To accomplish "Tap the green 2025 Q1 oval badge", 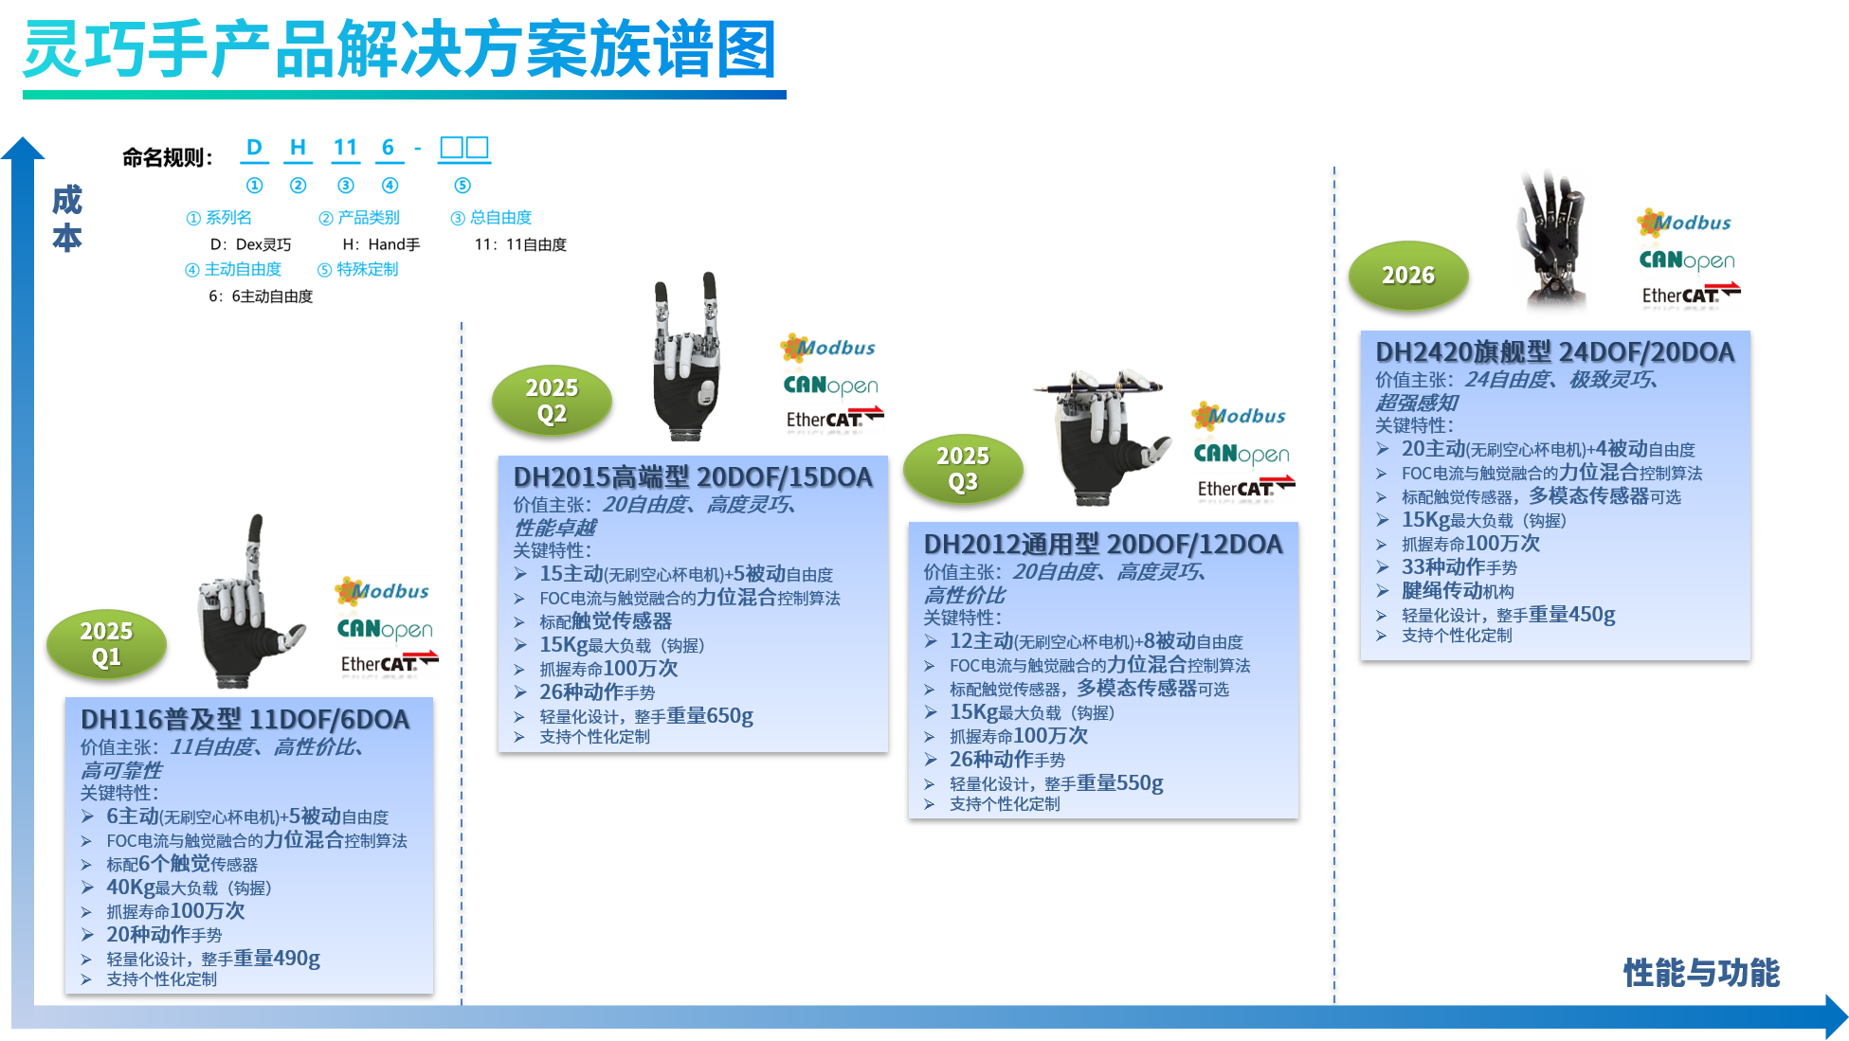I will coord(106,644).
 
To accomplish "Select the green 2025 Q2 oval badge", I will coord(552,401).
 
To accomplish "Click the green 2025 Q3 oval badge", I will coord(963,469).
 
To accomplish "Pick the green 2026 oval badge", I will coord(1407,276).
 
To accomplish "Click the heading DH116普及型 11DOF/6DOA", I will coord(245,720).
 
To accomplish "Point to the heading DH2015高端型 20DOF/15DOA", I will coord(693,477).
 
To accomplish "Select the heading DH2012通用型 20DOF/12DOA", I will coord(1103,545).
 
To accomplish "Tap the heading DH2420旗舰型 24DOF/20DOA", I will coord(1554,352).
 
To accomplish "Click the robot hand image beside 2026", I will coord(1554,242).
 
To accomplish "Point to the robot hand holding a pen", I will coord(1104,436).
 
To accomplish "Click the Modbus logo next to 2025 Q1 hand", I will coord(383,592).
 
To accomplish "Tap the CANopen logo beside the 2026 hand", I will coord(1687,260).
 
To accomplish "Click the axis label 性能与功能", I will coord(1701,973).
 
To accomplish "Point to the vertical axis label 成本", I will coord(67,219).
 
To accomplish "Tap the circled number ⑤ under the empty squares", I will coord(462,186).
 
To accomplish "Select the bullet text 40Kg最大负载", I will coord(189,888).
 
